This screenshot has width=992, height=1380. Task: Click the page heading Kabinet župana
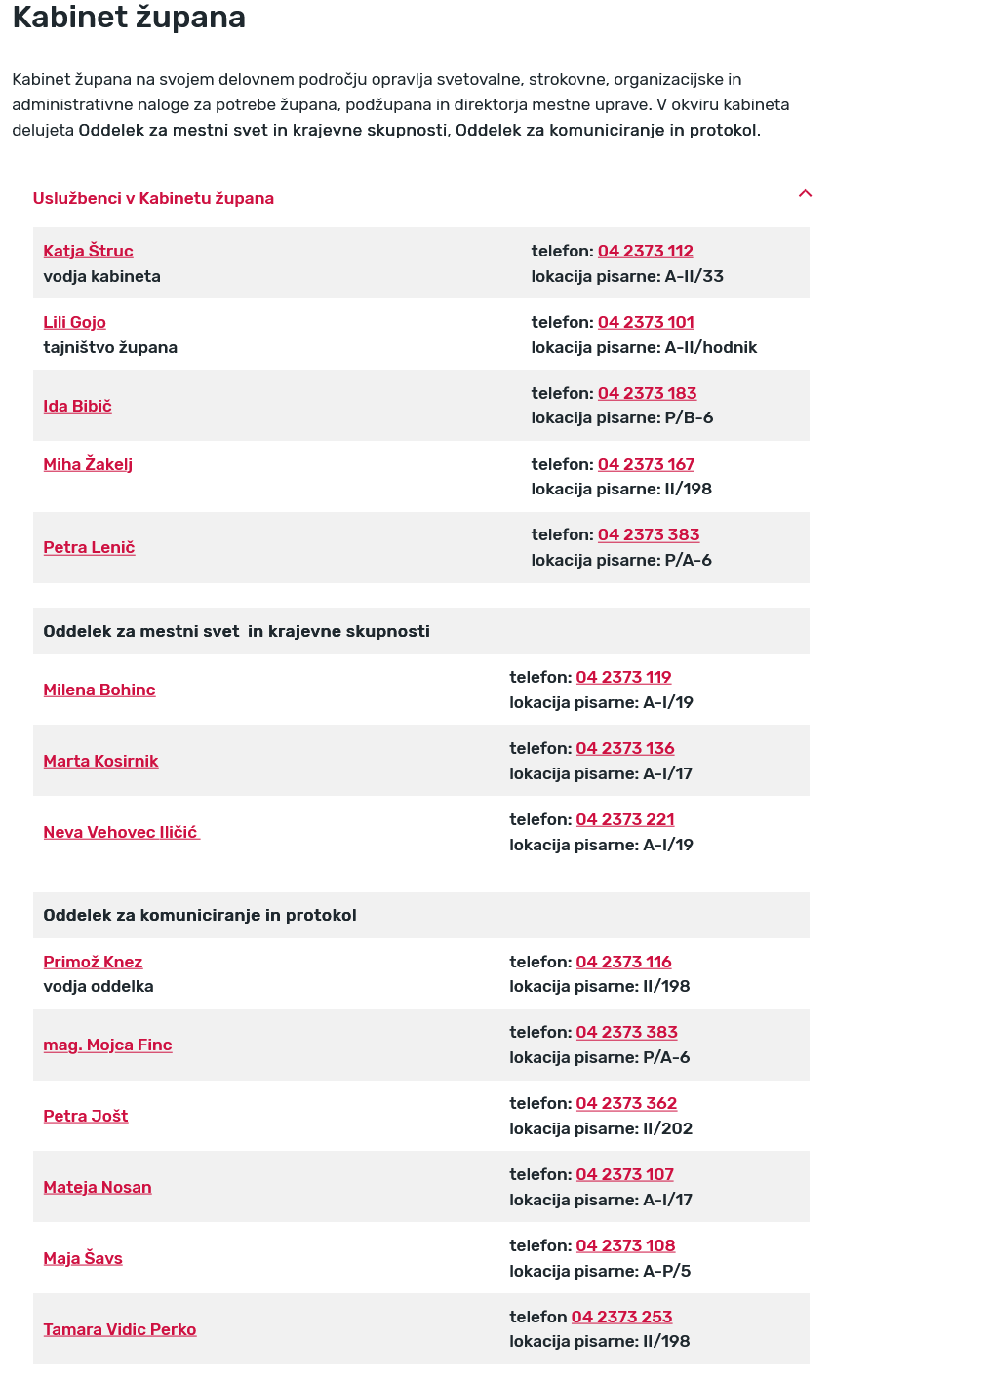tap(129, 18)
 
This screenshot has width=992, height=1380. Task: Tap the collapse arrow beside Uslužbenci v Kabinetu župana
tap(805, 193)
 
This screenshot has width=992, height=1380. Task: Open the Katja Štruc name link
tap(88, 251)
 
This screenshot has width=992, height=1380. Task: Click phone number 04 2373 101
tap(646, 322)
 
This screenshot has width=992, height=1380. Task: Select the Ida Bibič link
tap(77, 406)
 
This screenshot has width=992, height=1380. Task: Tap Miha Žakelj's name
tap(88, 464)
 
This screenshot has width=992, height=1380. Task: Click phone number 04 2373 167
tap(646, 464)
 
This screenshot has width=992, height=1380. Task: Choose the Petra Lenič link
tap(89, 547)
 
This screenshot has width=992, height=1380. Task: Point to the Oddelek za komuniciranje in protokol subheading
tap(200, 915)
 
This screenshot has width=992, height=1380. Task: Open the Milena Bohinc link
tap(99, 690)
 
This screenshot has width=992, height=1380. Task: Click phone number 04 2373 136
tap(625, 748)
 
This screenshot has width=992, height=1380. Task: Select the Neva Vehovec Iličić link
tap(121, 832)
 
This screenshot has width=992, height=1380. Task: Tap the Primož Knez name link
tap(93, 962)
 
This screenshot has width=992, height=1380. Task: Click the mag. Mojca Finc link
tap(107, 1045)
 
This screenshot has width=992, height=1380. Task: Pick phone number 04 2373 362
tap(626, 1103)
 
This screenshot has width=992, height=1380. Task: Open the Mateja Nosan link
tap(98, 1187)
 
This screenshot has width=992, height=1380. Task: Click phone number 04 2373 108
tap(625, 1245)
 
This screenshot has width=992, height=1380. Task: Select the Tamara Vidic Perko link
tap(120, 1329)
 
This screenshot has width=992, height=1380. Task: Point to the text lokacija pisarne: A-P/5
tap(600, 1271)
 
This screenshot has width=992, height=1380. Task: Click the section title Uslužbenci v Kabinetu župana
tap(153, 198)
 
